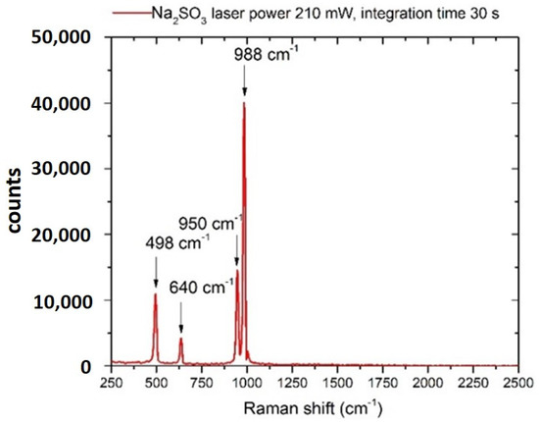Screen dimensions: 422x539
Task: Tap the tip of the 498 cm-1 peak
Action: click(156, 293)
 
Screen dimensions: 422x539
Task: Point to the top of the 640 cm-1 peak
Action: click(181, 339)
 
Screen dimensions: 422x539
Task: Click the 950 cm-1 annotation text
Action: click(211, 223)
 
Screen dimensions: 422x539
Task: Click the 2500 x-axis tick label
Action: click(517, 382)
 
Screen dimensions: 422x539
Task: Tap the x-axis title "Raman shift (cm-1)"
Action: click(314, 406)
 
